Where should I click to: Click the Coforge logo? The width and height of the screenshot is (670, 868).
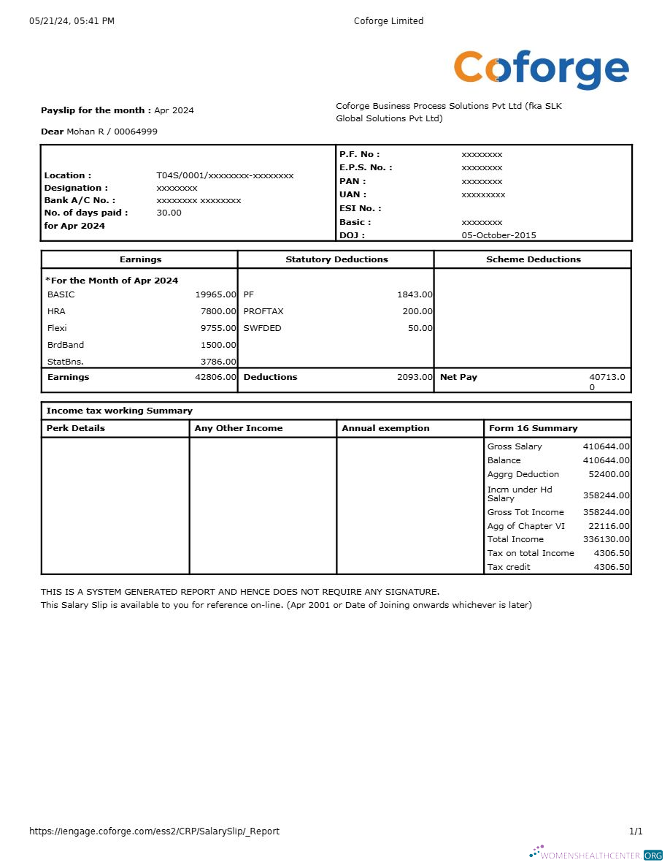pyautogui.click(x=541, y=69)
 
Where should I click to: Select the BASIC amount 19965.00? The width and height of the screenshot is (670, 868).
pyautogui.click(x=215, y=294)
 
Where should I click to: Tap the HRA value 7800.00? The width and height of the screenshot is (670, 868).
pyautogui.click(x=218, y=311)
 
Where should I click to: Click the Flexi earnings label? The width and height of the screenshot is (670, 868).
pyautogui.click(x=57, y=328)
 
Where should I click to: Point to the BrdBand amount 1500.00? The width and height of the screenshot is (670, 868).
pyautogui.click(x=218, y=345)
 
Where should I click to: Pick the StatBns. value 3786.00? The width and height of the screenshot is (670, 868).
pyautogui.click(x=218, y=361)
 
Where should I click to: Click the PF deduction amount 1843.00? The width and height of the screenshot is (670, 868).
pyautogui.click(x=415, y=294)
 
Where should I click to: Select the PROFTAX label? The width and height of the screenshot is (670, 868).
pyautogui.click(x=263, y=311)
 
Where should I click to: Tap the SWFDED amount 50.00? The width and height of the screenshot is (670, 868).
pyautogui.click(x=420, y=328)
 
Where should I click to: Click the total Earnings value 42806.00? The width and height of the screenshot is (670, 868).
pyautogui.click(x=215, y=377)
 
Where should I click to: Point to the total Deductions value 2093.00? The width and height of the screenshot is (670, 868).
pyautogui.click(x=415, y=377)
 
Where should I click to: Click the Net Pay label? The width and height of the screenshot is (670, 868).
pyautogui.click(x=458, y=377)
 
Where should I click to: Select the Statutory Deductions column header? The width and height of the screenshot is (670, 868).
pyautogui.click(x=336, y=259)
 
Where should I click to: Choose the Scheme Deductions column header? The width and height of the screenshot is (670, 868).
pyautogui.click(x=534, y=259)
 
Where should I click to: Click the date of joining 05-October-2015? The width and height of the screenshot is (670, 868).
pyautogui.click(x=498, y=235)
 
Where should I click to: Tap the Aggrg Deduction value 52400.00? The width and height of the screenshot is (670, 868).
pyautogui.click(x=609, y=474)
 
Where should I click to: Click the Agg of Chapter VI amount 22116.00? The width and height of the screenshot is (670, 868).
pyautogui.click(x=609, y=526)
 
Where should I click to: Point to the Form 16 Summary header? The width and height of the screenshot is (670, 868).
pyautogui.click(x=533, y=428)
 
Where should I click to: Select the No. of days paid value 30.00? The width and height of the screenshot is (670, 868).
pyautogui.click(x=169, y=213)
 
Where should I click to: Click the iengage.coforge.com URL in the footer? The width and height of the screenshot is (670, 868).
pyautogui.click(x=154, y=831)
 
